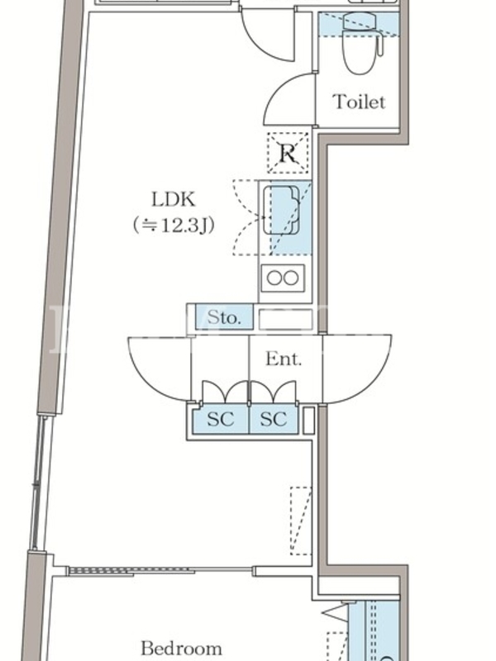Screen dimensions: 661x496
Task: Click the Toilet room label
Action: [x=359, y=102]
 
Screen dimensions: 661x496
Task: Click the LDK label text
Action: [x=173, y=199]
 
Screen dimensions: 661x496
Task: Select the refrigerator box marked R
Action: [x=288, y=152]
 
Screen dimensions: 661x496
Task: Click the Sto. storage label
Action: [x=224, y=317]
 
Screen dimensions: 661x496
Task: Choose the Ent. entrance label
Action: [x=283, y=359]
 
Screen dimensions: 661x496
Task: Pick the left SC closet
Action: [x=221, y=419]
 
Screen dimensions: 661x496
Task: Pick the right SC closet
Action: [x=273, y=419]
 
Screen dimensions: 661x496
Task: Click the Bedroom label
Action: [x=181, y=648]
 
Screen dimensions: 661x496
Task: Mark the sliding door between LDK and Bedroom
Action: [x=160, y=569]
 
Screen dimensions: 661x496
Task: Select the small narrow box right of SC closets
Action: [x=308, y=420]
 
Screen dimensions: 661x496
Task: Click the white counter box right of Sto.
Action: [x=285, y=318]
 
